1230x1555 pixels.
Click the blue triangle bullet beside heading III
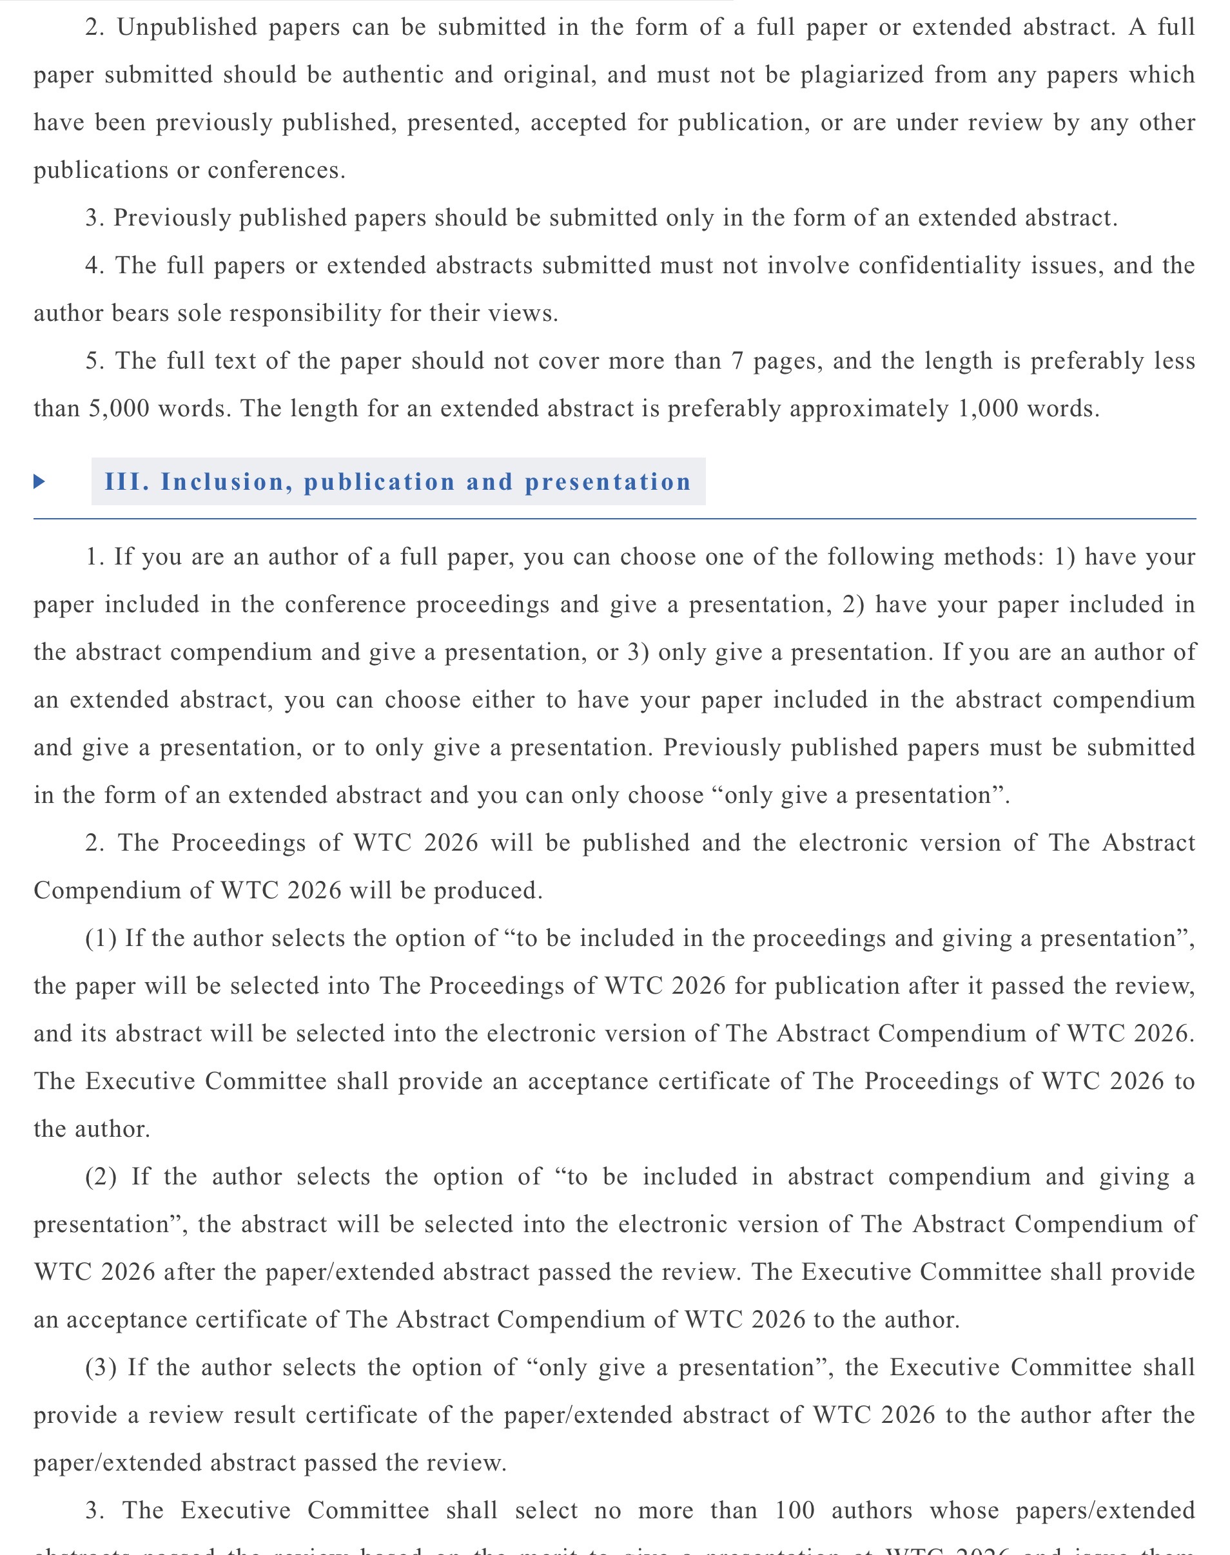click(39, 481)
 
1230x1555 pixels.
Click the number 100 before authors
click(794, 1511)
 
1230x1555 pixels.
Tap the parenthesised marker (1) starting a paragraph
click(100, 939)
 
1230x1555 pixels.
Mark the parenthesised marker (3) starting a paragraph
click(100, 1367)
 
